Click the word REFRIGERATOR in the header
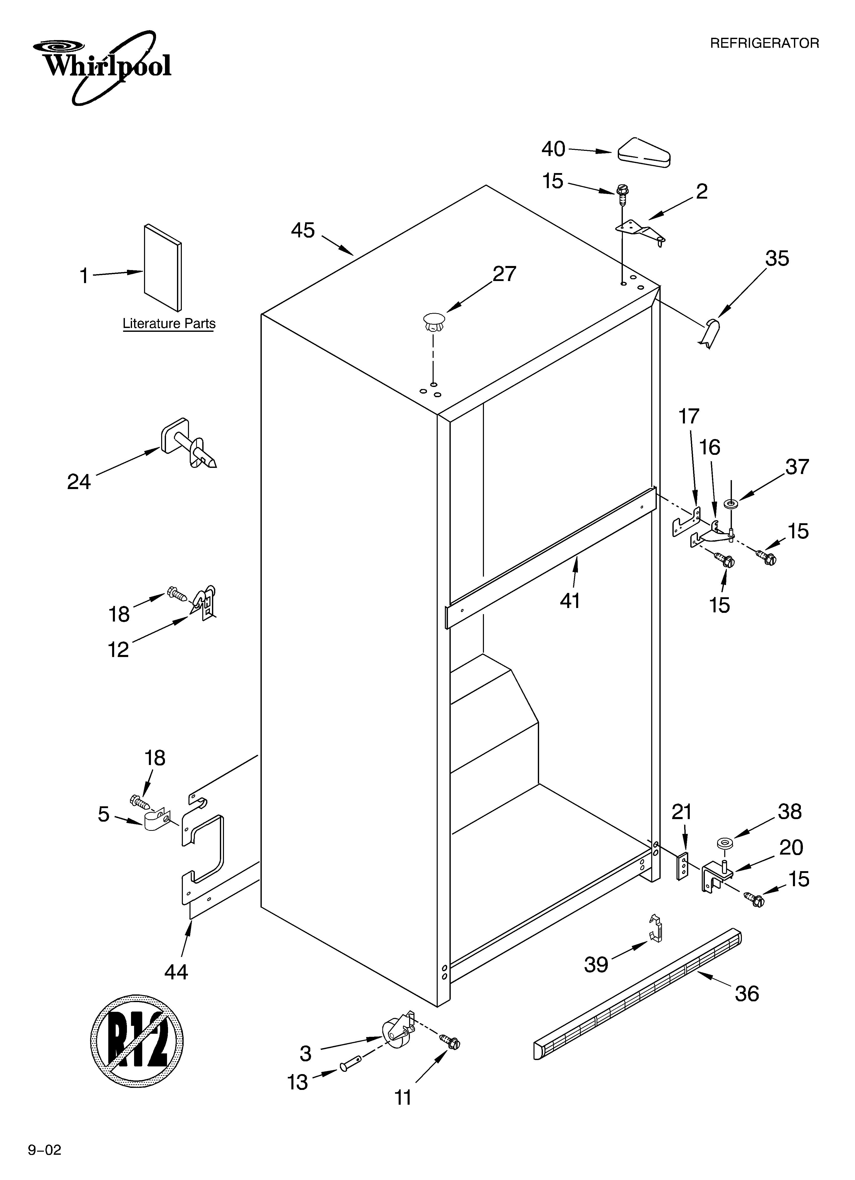click(x=764, y=43)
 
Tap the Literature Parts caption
click(x=169, y=324)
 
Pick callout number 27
click(x=504, y=274)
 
